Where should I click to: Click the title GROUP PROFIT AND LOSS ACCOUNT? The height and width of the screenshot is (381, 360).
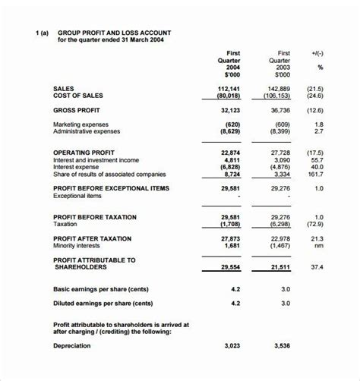click(x=114, y=33)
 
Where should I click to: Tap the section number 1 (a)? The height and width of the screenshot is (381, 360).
click(x=42, y=33)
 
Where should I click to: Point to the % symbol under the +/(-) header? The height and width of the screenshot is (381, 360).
click(x=320, y=67)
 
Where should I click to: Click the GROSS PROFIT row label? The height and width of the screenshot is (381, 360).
click(x=78, y=110)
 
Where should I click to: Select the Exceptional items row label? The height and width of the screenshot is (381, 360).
click(x=78, y=196)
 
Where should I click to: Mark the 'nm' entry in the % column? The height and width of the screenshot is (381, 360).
click(x=319, y=246)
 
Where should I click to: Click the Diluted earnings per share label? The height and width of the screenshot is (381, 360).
click(x=103, y=304)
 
